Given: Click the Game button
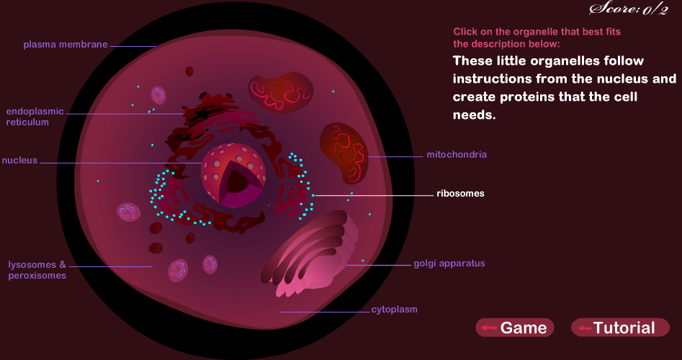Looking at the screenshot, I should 515,328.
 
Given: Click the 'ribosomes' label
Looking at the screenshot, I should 460,194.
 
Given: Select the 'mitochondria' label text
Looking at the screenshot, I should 457,155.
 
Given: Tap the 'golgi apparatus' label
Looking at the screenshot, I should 449,264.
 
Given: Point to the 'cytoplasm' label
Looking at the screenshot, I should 394,310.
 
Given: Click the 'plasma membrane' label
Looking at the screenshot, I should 65,45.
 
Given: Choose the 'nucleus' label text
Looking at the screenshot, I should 19,161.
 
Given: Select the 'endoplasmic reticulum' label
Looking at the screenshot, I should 35,117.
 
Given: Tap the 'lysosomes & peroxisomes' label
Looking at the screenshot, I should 37,270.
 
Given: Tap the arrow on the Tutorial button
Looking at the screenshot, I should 584,328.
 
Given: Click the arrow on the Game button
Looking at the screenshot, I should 490,328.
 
